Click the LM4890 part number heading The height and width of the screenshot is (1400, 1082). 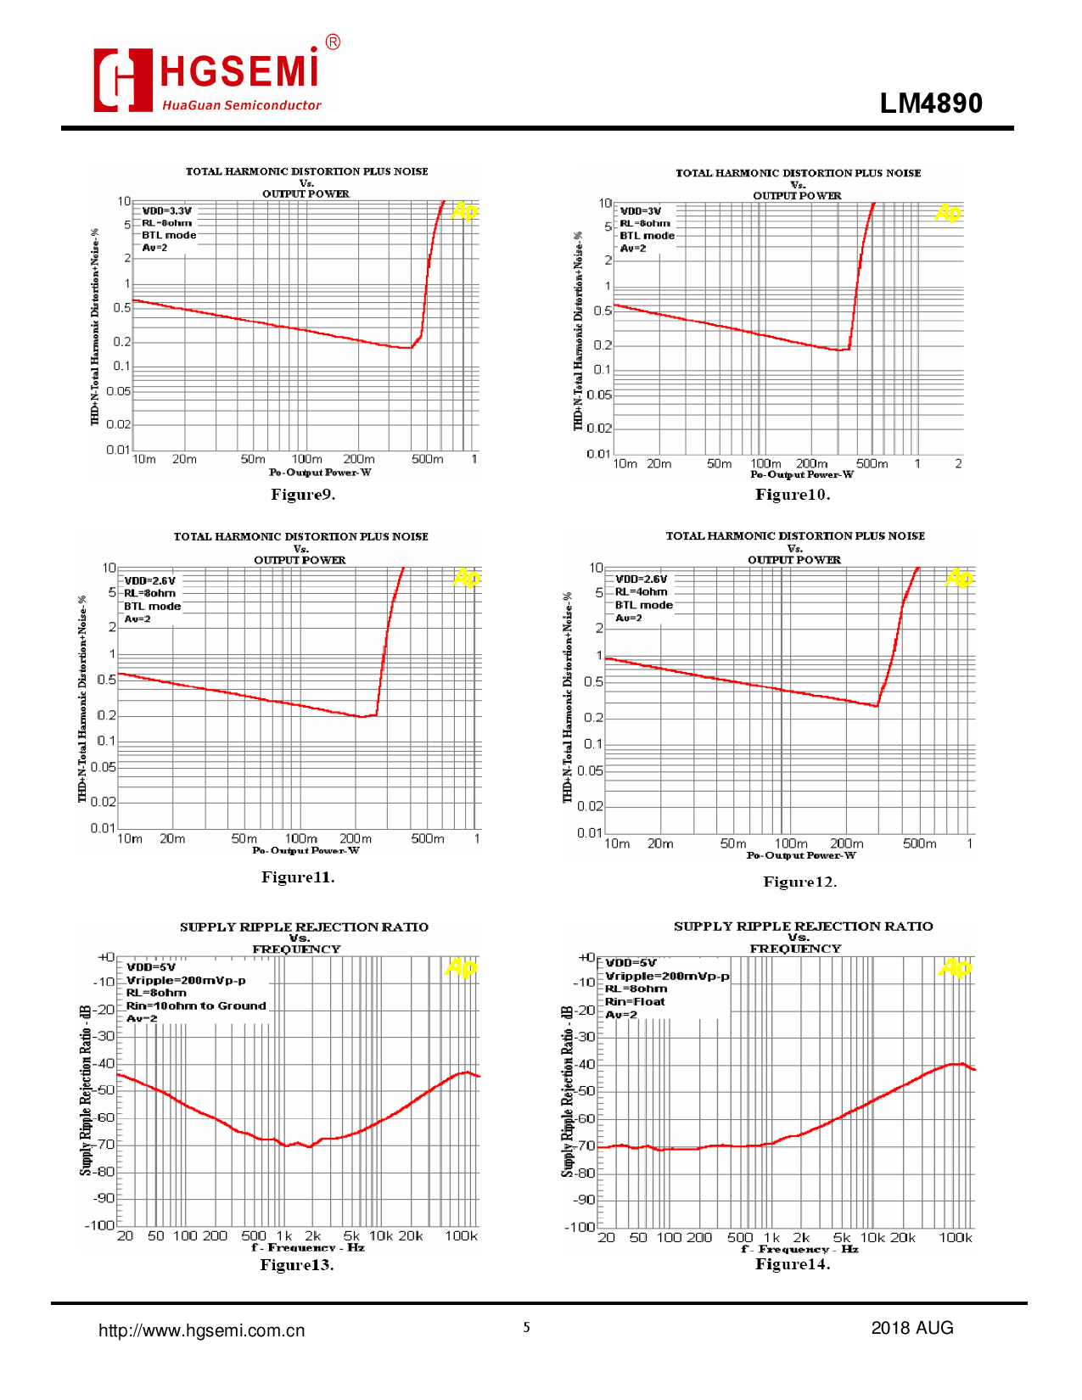[931, 104]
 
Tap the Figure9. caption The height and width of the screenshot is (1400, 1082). [303, 495]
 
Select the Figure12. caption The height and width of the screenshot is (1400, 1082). [799, 882]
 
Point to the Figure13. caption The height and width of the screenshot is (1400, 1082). [297, 1265]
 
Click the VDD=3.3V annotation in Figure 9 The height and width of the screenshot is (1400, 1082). [167, 211]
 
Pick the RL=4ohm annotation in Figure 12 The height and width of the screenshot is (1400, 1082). [642, 592]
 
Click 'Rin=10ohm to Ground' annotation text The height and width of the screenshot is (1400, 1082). [196, 1005]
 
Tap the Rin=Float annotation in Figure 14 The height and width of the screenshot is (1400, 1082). [635, 1001]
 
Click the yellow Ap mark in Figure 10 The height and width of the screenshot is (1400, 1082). [948, 212]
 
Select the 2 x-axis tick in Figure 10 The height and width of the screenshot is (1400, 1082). [958, 464]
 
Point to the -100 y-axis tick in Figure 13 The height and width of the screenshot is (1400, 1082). [100, 1225]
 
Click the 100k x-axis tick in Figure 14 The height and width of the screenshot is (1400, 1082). [955, 1238]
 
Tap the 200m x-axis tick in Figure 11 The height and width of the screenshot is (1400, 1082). [356, 839]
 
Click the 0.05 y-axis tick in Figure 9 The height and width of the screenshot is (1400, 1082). [119, 391]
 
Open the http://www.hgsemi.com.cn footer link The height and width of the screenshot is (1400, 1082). [202, 1330]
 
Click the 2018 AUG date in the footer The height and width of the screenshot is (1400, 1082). [912, 1328]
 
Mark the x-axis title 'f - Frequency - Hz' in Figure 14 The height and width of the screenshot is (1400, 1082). [799, 1250]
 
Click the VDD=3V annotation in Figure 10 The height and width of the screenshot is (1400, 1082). [641, 211]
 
